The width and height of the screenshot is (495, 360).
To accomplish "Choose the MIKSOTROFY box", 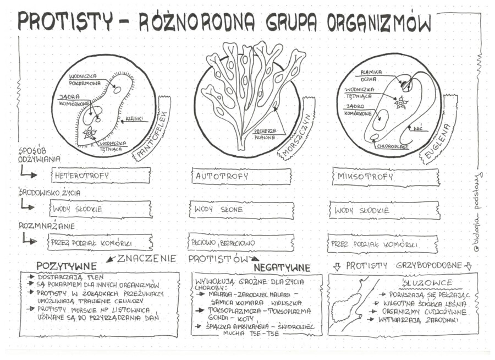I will (386, 177).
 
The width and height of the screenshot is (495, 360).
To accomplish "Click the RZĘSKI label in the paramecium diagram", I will (134, 118).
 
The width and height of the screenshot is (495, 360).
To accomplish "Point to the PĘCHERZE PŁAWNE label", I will (265, 134).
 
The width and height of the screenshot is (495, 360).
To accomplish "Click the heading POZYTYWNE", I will (66, 266).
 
